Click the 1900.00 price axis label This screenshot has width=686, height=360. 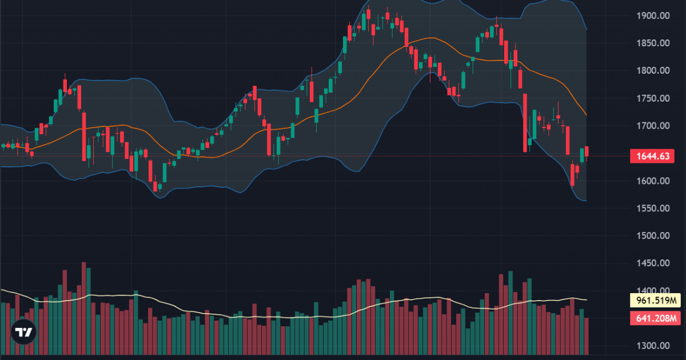pos(653,16)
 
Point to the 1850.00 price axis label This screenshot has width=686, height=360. pos(653,43)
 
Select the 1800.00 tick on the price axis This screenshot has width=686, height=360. pos(653,71)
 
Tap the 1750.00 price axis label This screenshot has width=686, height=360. pos(653,98)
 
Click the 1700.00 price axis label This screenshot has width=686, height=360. pos(653,126)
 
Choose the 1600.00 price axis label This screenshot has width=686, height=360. pos(653,181)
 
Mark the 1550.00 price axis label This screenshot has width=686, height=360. pos(653,209)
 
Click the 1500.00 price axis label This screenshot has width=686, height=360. pos(653,236)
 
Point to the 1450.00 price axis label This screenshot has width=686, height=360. pos(653,263)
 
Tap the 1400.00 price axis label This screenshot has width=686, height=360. pos(653,291)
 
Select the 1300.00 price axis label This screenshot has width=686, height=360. pos(653,346)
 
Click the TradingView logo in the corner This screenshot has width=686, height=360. pos(23,332)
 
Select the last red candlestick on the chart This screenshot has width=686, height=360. pos(587,153)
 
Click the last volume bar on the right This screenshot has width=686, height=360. pos(587,336)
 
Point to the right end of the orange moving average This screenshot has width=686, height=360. pos(587,115)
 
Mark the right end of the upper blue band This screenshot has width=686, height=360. pos(587,29)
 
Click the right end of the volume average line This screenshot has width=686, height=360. pos(587,299)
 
